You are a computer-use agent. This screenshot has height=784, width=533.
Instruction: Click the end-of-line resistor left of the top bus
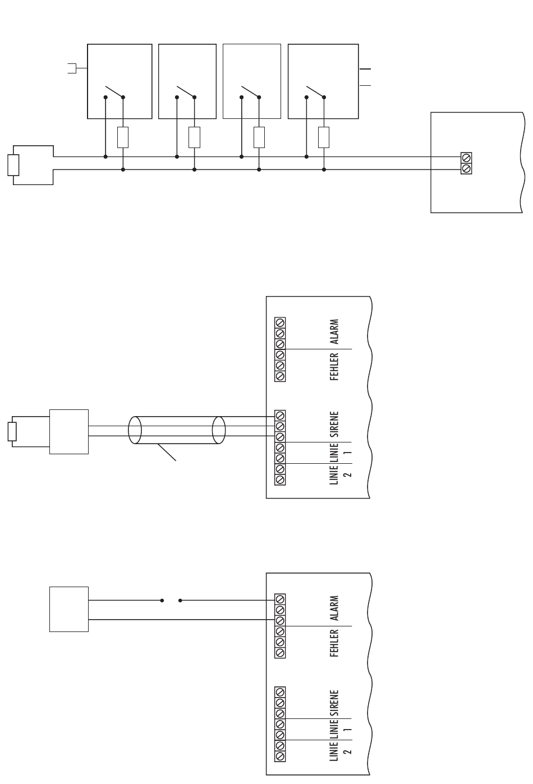click(x=13, y=165)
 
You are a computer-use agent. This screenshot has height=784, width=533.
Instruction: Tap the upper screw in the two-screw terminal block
click(x=466, y=158)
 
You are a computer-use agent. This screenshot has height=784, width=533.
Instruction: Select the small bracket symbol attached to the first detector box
click(x=71, y=68)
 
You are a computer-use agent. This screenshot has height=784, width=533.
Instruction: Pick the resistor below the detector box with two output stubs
click(x=324, y=137)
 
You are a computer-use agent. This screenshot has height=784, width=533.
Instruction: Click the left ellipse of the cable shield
click(x=135, y=430)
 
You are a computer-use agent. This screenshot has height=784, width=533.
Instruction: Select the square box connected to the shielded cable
click(x=69, y=431)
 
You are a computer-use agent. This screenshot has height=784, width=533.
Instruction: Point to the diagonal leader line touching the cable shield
click(x=168, y=453)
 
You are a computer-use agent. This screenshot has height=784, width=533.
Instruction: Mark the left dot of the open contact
click(x=162, y=601)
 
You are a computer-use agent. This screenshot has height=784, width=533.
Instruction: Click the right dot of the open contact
click(x=180, y=601)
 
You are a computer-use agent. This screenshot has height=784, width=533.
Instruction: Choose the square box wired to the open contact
click(x=69, y=609)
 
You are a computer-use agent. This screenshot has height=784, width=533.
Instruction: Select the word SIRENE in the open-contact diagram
click(x=334, y=703)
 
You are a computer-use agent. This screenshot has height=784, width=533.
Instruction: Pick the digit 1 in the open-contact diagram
click(x=348, y=730)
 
